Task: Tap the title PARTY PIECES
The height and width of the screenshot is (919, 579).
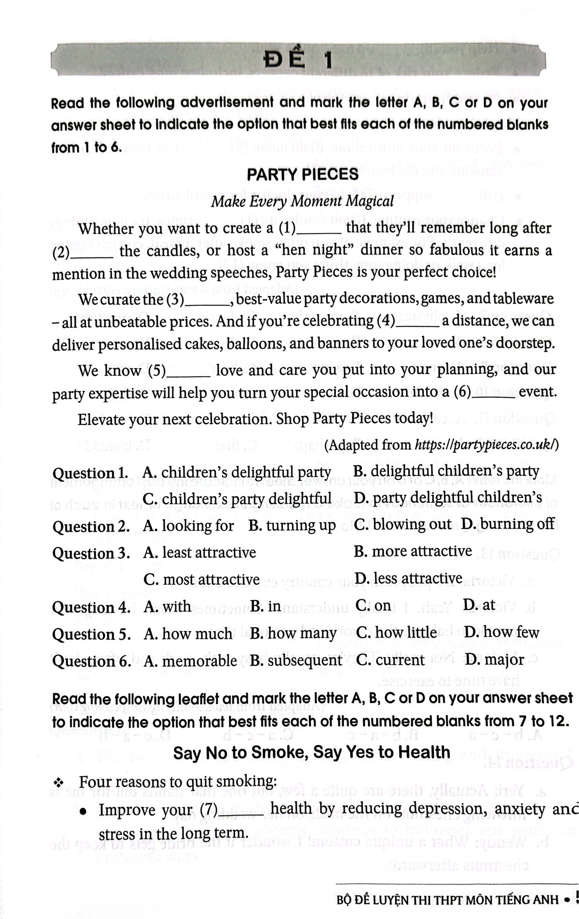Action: tap(303, 174)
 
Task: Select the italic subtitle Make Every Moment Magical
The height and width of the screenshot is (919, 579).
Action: tap(302, 201)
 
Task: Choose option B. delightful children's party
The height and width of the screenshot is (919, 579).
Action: tap(446, 471)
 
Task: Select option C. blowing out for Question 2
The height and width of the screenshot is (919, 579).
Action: tap(403, 525)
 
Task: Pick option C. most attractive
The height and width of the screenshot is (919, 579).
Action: tap(202, 579)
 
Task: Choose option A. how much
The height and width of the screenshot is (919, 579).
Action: tap(188, 633)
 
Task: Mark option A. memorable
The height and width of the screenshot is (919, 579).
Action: tap(190, 660)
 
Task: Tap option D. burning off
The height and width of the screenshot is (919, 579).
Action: tap(508, 524)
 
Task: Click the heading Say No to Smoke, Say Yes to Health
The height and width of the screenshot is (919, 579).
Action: tap(311, 753)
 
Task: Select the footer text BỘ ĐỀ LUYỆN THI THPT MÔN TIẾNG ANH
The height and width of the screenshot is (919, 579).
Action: tap(447, 899)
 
